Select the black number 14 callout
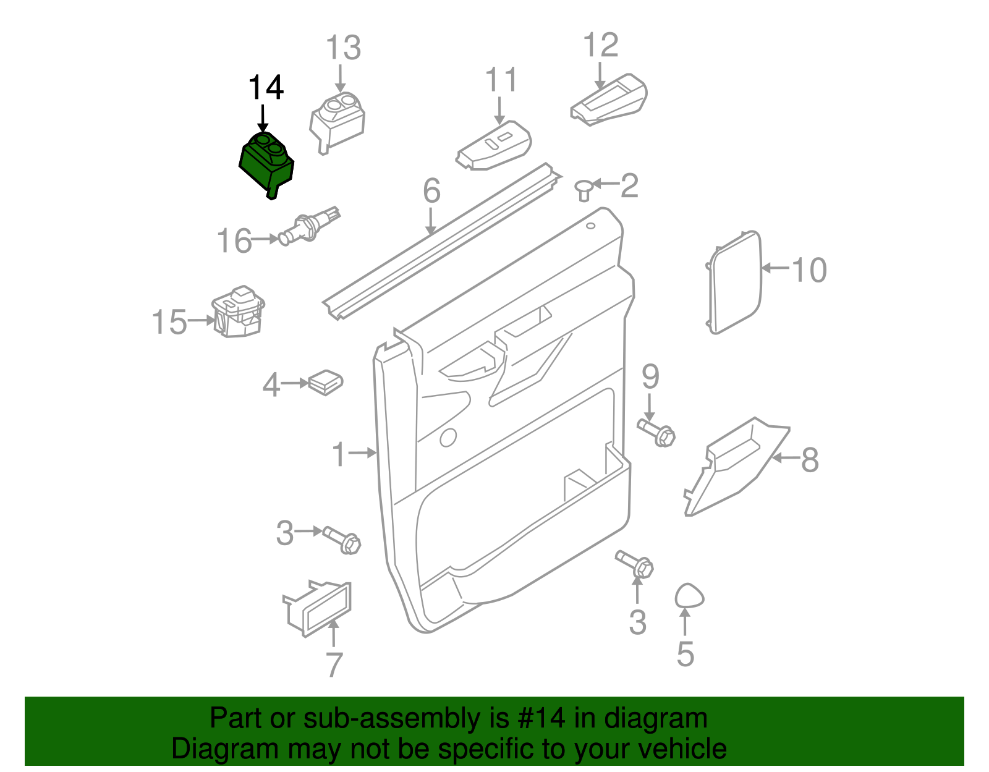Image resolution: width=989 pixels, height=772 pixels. coord(266,88)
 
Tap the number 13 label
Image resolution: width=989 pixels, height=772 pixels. coord(343,48)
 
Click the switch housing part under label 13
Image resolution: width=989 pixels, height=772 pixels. coord(337,121)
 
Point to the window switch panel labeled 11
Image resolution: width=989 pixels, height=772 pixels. coord(494,148)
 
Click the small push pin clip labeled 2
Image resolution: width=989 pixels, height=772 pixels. coord(584,189)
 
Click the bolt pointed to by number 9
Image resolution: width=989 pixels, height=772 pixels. coord(656,432)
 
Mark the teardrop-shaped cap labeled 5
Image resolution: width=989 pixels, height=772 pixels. coord(689,596)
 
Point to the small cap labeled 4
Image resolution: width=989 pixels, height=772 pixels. coord(326,382)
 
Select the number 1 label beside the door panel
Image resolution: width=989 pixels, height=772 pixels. coord(339,454)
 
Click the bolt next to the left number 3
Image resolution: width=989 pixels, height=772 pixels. coord(342,540)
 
